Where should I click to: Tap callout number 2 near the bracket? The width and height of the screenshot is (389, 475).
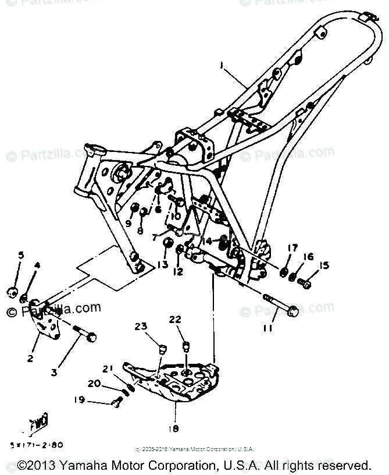[30, 359]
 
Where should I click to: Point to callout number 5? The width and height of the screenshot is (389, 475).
[21, 255]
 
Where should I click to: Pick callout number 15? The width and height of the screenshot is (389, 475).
[324, 266]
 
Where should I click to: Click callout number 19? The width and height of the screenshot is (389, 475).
[79, 400]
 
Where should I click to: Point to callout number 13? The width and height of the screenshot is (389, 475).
[162, 265]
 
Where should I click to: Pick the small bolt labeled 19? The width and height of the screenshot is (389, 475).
[116, 402]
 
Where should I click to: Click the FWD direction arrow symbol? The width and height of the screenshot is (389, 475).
[39, 422]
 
